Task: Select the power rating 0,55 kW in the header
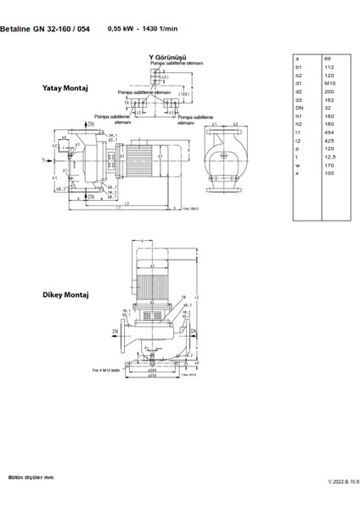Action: click(x=122, y=28)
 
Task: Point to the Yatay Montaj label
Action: click(x=62, y=87)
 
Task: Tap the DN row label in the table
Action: click(x=298, y=108)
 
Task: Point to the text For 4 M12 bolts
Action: click(x=109, y=371)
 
